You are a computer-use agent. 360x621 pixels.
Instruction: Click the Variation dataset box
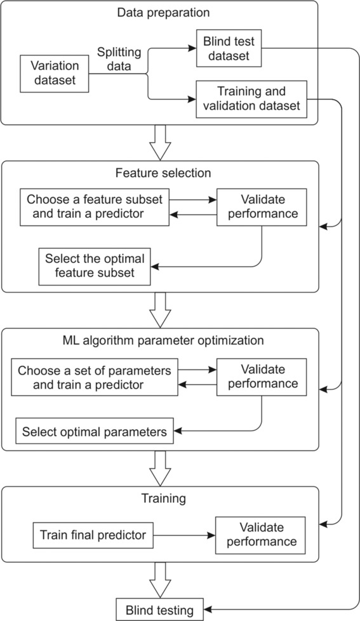[x=54, y=74]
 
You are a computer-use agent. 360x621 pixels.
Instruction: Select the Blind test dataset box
[x=229, y=48]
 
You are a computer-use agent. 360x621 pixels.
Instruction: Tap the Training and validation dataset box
[x=251, y=99]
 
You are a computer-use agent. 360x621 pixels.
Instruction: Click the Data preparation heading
[x=163, y=12]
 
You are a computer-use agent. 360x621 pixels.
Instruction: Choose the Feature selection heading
[x=163, y=173]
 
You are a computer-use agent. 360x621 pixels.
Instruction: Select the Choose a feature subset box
[x=95, y=207]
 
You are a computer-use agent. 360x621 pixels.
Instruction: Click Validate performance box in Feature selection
[x=262, y=207]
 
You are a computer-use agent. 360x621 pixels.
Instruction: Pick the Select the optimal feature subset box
[x=95, y=267]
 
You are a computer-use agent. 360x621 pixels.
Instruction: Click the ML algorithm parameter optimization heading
[x=163, y=340]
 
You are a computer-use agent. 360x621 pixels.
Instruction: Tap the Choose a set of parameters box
[x=95, y=377]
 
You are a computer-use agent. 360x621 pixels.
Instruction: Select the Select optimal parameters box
[x=95, y=431]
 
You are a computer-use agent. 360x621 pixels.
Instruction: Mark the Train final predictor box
[x=93, y=535]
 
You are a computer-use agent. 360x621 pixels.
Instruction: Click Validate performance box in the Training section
[x=260, y=535]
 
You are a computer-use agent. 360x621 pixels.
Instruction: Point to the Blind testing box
[x=159, y=610]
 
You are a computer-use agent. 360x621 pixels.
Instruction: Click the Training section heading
[x=163, y=498]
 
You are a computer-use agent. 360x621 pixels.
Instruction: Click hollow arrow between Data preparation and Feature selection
[x=160, y=143]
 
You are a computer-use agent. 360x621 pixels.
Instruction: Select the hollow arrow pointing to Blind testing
[x=160, y=580]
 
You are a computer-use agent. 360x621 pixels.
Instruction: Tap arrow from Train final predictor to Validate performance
[x=184, y=535]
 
